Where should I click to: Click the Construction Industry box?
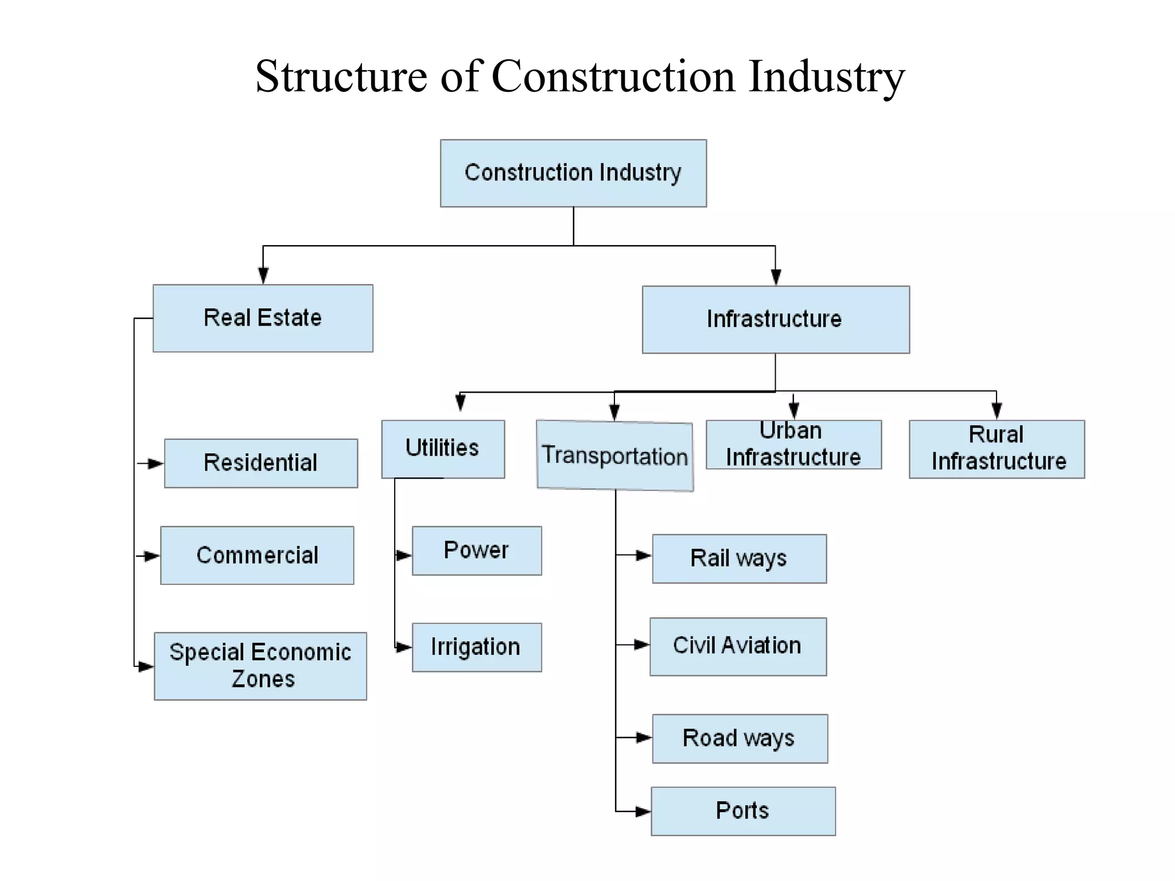point(573,173)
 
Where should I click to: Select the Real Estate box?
point(263,318)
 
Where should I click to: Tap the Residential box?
point(261,463)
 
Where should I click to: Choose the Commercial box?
point(257,555)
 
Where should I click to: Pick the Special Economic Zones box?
point(260,666)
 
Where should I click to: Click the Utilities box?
point(443,449)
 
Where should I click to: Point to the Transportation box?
point(615,456)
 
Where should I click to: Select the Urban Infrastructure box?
point(793,445)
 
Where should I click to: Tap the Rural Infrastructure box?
point(997,449)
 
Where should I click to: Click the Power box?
point(477,550)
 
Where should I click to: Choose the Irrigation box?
point(477,647)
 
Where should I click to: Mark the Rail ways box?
point(740,558)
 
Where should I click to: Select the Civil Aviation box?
point(738,646)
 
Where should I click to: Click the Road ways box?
point(740,738)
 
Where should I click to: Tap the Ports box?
point(743,810)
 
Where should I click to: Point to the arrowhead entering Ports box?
point(643,812)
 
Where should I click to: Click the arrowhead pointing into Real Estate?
point(263,276)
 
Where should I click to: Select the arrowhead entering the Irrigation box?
point(404,647)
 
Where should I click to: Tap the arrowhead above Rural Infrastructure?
point(997,410)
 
